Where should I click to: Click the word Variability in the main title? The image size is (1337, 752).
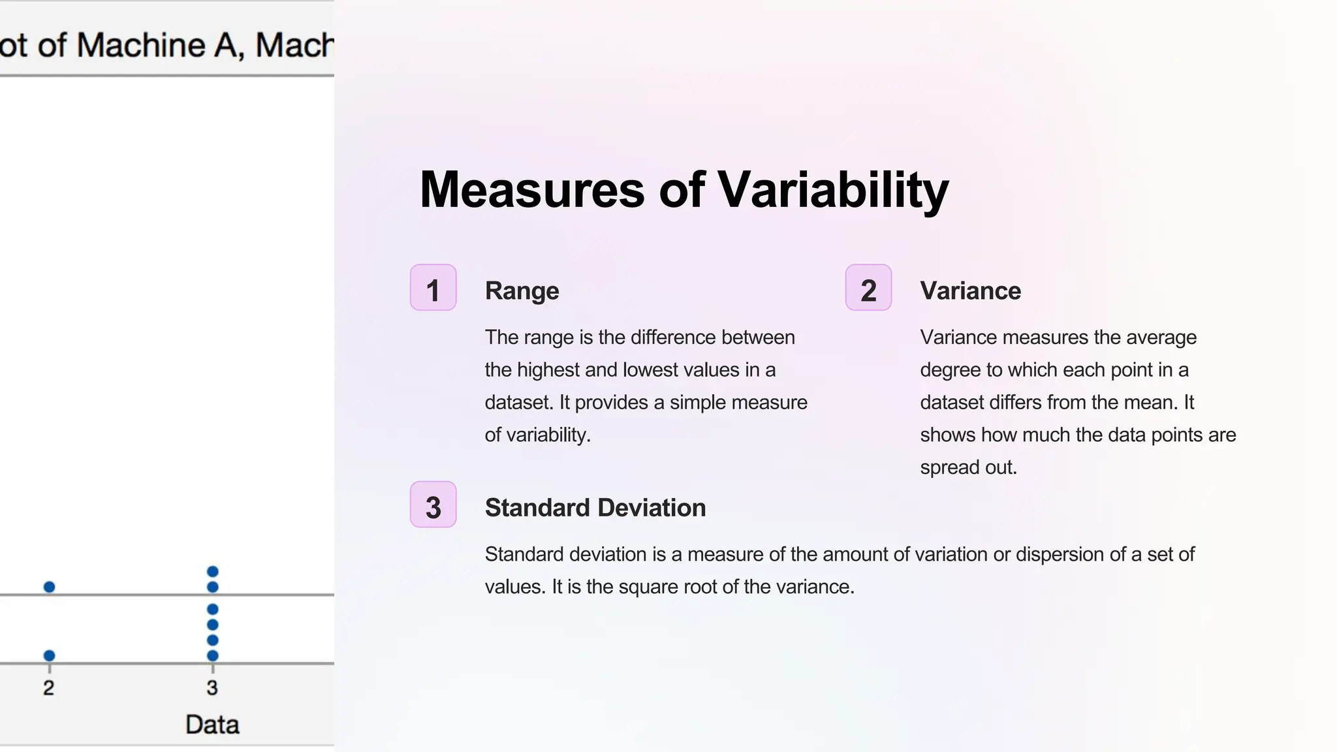tap(833, 190)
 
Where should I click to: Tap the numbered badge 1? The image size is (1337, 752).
tap(433, 288)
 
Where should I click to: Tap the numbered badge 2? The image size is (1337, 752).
tap(868, 288)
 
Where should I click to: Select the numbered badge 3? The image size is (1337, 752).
tap(433, 505)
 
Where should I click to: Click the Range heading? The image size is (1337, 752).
tap(522, 291)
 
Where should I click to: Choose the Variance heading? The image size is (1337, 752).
tap(970, 291)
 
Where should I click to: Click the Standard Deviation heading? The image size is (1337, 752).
tap(595, 508)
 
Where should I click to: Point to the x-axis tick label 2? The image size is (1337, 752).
tap(48, 687)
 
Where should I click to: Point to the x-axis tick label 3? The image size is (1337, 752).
tap(212, 687)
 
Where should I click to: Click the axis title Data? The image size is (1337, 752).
tap(212, 725)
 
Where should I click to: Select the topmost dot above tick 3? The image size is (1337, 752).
tap(212, 572)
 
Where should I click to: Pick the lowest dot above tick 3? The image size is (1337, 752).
tap(212, 655)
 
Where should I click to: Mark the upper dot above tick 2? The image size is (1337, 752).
tap(49, 587)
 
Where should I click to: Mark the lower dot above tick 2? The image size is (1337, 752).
tap(49, 655)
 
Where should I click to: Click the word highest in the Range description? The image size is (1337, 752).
tap(547, 370)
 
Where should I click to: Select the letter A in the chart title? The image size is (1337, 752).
tap(226, 46)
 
